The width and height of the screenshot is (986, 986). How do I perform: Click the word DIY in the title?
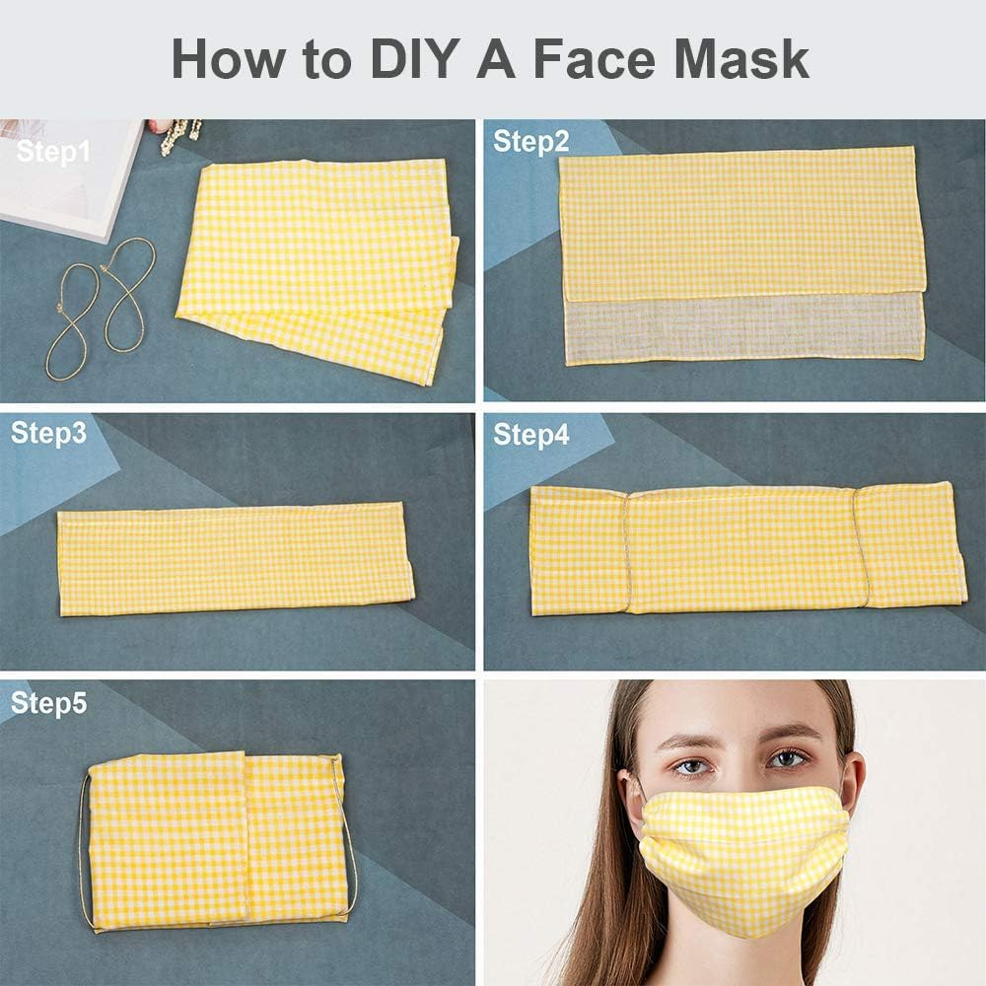(x=413, y=58)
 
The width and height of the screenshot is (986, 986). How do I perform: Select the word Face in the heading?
(x=595, y=58)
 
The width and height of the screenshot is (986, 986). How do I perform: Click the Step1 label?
(x=53, y=153)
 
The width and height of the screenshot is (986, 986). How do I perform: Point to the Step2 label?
(x=530, y=142)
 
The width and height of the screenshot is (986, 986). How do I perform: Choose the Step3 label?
(x=48, y=434)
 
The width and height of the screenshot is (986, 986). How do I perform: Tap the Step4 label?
(x=530, y=435)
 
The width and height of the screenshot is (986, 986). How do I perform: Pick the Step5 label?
(x=48, y=704)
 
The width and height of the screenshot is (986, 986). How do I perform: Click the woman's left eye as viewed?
(x=693, y=766)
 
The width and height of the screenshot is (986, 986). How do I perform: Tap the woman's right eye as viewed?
(x=787, y=759)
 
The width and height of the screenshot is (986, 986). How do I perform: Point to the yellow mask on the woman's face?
(x=740, y=855)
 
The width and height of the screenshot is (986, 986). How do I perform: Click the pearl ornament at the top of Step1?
(x=179, y=134)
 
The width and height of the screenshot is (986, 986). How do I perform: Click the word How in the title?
(x=228, y=58)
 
